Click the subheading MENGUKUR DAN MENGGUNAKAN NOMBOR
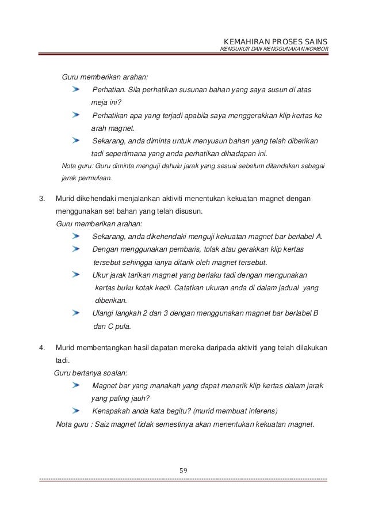[274, 51]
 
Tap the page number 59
[183, 470]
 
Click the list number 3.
[41, 199]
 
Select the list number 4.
[41, 348]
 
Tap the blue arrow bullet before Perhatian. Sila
[77, 90]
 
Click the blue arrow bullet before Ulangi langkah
[77, 313]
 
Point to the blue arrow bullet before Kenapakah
[77, 411]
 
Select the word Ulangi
[105, 313]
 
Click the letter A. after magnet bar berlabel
[320, 237]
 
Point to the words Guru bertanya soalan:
[90, 373]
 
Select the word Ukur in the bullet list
[101, 275]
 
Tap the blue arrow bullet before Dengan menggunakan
[77, 249]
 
